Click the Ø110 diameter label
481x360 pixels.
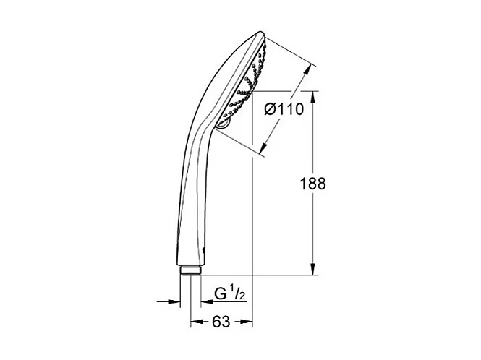point(283,110)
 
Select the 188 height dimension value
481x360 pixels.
point(312,184)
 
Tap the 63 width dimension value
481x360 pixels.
point(221,322)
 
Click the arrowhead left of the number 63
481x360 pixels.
point(195,322)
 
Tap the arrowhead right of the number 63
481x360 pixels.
point(247,322)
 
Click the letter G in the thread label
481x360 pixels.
point(219,294)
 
